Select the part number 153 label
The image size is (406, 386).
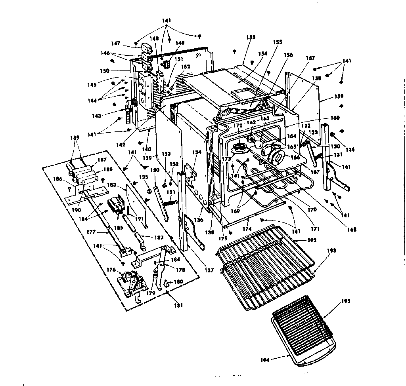251,37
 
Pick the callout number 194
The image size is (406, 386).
265,360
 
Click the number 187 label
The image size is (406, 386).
103,160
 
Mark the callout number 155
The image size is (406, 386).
277,41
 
